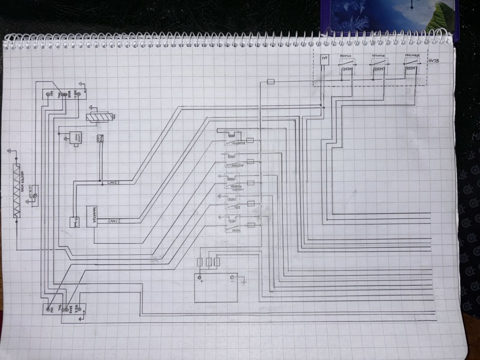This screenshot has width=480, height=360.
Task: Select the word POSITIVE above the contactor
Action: coord(345,56)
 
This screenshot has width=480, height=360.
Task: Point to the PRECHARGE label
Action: coord(412,55)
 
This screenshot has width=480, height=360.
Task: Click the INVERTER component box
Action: coord(91,216)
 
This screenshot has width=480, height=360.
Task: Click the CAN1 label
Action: coord(114,221)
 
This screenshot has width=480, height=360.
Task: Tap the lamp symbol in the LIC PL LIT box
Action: coord(35,196)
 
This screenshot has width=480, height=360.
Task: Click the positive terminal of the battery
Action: coord(199,277)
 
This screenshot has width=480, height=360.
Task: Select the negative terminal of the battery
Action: coord(232,277)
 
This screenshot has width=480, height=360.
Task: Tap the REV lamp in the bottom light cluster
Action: coord(48,309)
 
